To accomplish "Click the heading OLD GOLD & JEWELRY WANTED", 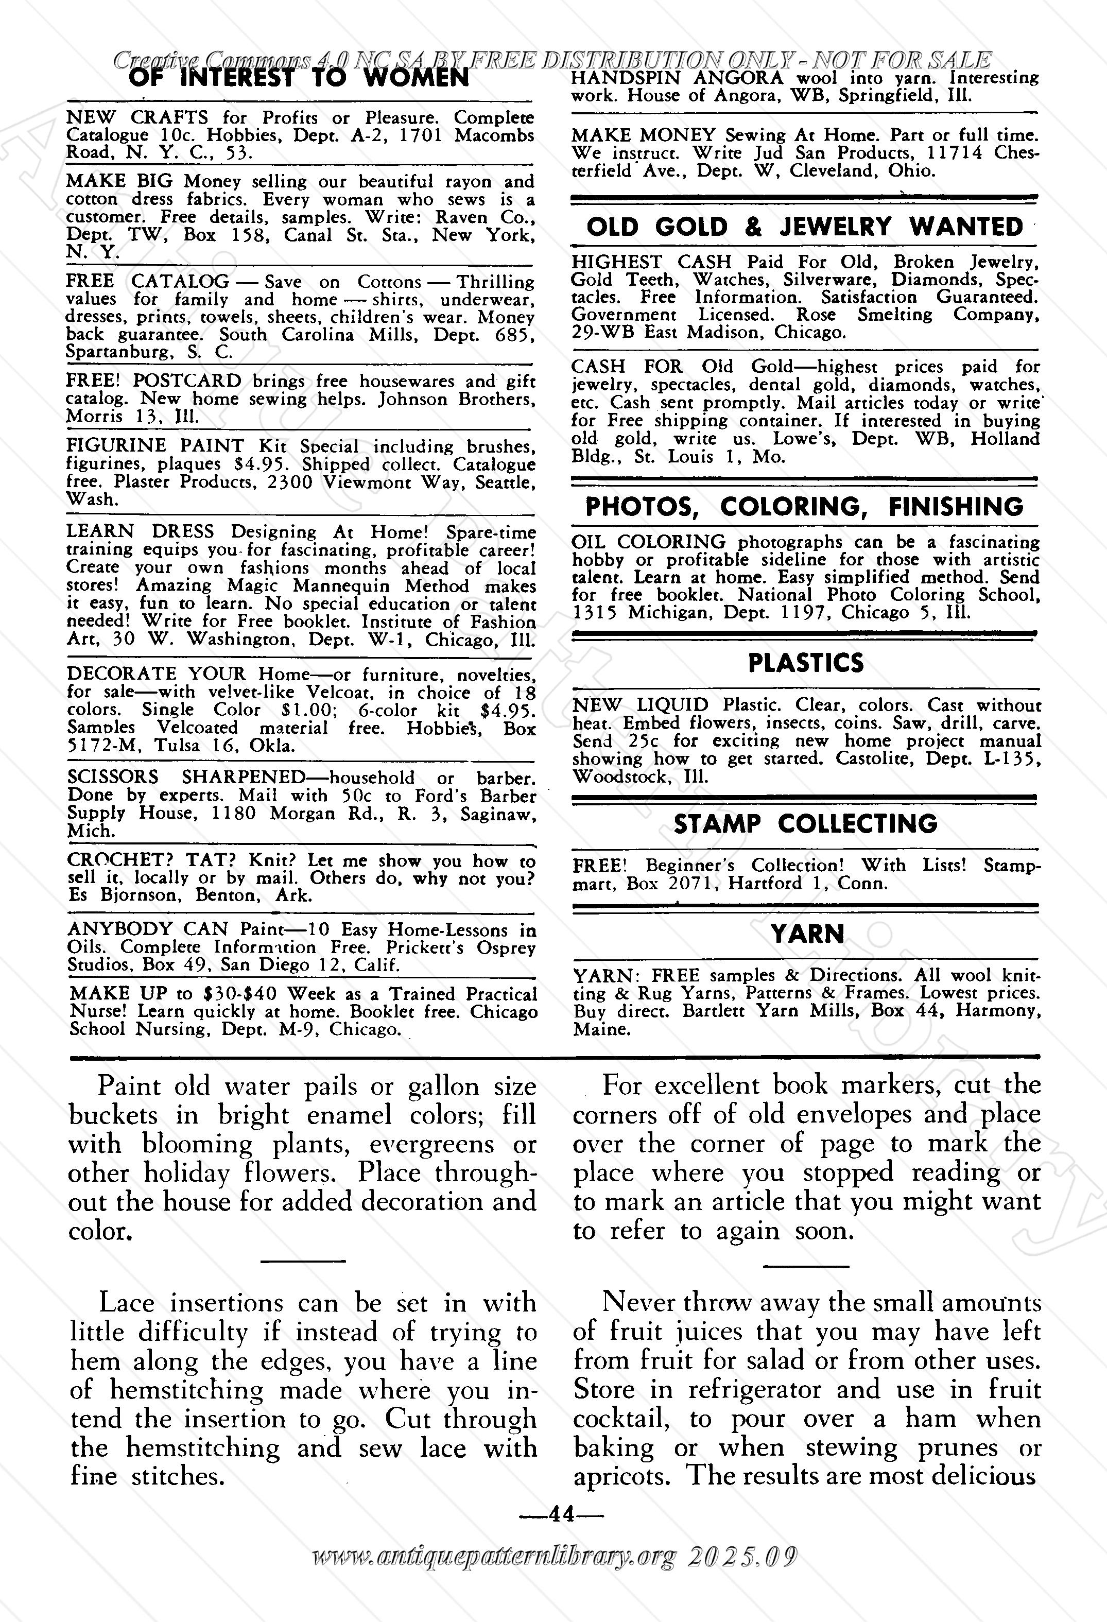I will point(804,227).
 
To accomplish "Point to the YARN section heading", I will point(807,934).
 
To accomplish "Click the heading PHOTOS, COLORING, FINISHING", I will point(804,507).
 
